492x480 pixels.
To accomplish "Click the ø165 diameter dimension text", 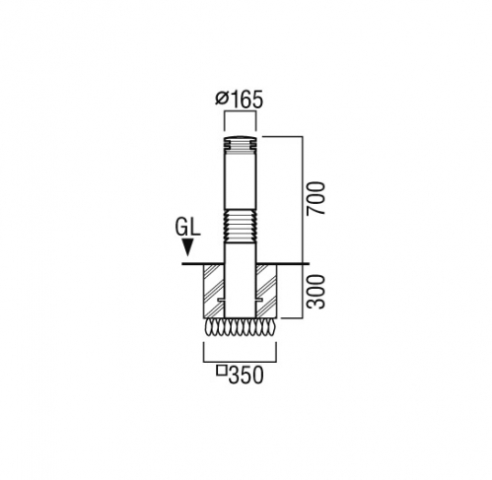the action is [240, 100].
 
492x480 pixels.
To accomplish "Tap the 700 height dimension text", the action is [316, 198].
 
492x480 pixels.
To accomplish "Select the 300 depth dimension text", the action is [316, 292].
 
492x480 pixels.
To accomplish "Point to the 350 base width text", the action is [246, 376].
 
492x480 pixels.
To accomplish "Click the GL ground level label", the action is [188, 228].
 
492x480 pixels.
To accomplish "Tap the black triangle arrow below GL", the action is [187, 247].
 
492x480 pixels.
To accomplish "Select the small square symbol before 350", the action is [222, 371].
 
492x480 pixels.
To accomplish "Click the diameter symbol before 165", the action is [222, 98].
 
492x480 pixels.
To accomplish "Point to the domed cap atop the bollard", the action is [241, 136].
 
